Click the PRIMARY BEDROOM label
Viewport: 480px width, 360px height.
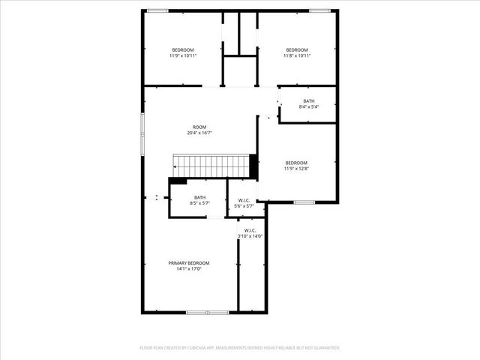(189, 262)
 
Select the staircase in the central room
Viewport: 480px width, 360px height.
(211, 166)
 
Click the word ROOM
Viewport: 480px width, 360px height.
(199, 127)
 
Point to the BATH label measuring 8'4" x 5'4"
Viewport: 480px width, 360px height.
(309, 101)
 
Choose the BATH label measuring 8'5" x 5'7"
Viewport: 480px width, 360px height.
(199, 197)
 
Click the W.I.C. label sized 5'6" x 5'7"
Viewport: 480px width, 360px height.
(244, 200)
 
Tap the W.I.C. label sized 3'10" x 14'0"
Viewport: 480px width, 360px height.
(250, 230)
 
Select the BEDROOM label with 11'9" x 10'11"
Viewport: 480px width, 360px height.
(183, 49)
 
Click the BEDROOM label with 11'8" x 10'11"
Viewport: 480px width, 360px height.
(297, 49)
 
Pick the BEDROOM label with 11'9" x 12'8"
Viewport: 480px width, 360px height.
(296, 163)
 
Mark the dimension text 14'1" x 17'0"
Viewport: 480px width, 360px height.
(189, 268)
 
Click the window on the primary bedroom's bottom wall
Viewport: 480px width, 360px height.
(207, 312)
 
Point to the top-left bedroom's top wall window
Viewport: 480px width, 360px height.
(157, 10)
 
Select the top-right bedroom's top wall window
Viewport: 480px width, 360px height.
(320, 10)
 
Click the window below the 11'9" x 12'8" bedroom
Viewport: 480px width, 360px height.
(304, 202)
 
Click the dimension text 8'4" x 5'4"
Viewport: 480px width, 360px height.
(309, 107)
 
